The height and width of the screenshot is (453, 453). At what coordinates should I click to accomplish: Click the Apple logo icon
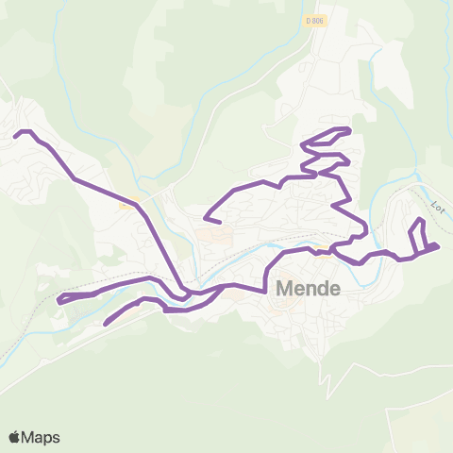tap(14, 438)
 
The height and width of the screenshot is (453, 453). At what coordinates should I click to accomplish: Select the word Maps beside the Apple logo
tap(41, 438)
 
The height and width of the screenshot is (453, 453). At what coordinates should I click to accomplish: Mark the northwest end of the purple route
tap(16, 137)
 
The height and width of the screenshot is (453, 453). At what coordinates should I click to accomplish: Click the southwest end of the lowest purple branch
tap(105, 325)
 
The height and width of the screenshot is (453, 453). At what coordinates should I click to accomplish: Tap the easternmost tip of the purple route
tap(439, 246)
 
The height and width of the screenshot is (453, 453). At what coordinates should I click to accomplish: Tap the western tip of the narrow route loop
tap(59, 300)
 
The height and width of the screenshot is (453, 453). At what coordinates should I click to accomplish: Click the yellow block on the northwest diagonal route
tap(125, 201)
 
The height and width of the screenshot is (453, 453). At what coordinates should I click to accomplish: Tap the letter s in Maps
tap(56, 438)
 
